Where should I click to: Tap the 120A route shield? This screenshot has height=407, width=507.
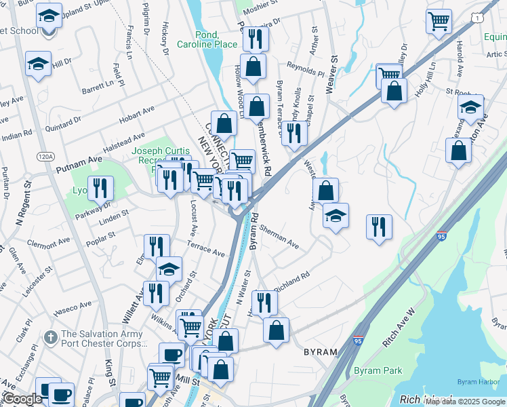click(45, 156)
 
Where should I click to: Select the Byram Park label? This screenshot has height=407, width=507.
click(378, 371)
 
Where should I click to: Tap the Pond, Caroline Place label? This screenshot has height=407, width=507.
click(207, 39)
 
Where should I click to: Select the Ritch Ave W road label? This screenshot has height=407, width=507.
click(400, 329)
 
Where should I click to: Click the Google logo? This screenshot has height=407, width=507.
click(22, 399)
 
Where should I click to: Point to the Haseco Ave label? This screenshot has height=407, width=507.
click(73, 309)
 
